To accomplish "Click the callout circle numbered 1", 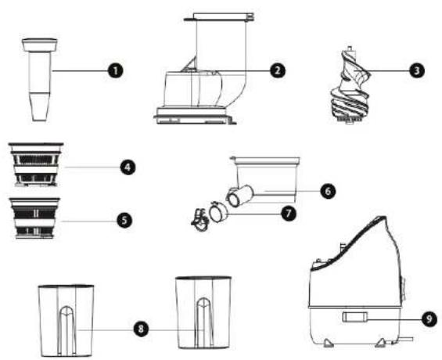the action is coord(116,70).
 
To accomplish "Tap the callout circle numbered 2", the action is coord(278,70).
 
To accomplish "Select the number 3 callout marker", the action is coord(417,70).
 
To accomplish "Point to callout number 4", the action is coord(128,167).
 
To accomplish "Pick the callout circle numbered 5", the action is coord(124,220).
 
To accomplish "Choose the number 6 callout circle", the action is coord(328,191).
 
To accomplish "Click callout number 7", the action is coord(289,214).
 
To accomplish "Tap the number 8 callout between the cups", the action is coord(141,329).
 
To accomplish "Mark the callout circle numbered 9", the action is coord(429,319).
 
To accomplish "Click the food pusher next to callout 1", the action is coord(39,80).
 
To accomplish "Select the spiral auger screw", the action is coord(350,85).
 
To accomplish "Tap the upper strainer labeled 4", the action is coord(36,164).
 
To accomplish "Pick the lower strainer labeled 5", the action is coord(35,218).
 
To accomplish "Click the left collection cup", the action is coord(66,321).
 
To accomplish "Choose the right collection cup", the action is coord(203,312).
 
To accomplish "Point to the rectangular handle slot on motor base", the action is coord(355,317).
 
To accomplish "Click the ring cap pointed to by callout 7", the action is coord(218,212).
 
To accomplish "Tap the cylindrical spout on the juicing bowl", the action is coord(240,195).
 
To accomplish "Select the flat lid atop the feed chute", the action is coord(219,16).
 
